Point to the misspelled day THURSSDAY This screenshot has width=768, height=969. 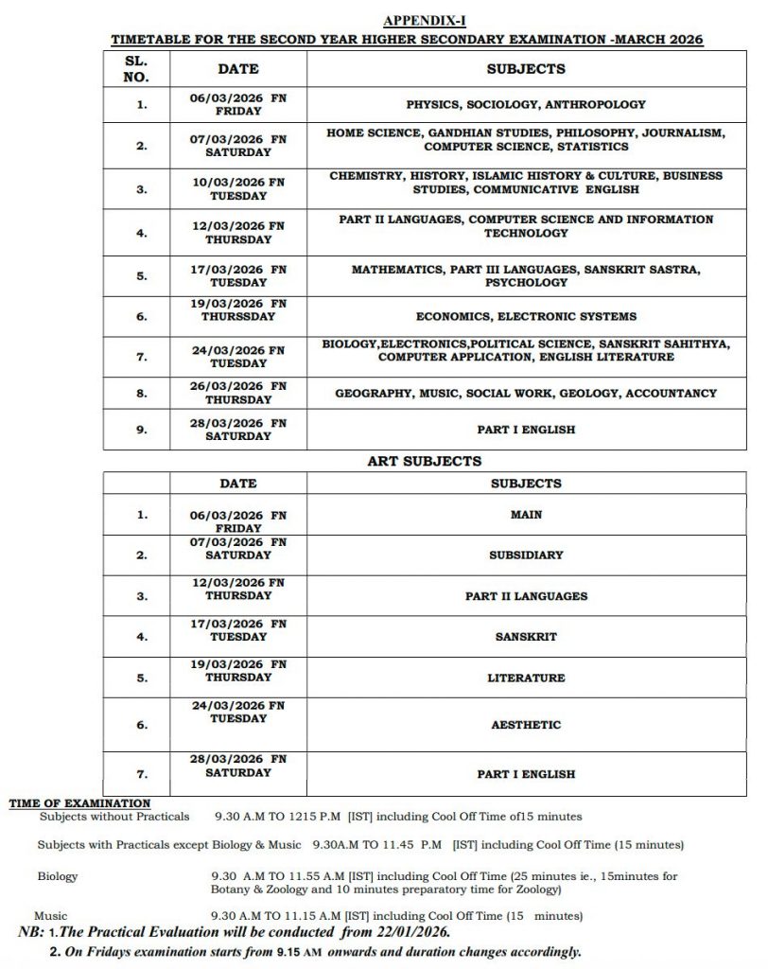pos(238,316)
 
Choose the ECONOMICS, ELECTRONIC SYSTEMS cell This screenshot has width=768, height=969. pos(526,316)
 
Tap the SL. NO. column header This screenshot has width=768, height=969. pos(136,68)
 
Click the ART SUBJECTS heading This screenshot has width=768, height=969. pos(424,462)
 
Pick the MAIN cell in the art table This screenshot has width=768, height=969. pos(526,515)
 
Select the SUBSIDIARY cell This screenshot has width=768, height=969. pos(526,555)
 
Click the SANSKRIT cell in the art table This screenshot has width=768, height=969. pos(526,637)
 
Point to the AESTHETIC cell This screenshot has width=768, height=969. pos(526,725)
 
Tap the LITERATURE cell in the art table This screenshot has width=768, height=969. pos(526,678)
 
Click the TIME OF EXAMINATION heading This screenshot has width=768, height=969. pos(79,803)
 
